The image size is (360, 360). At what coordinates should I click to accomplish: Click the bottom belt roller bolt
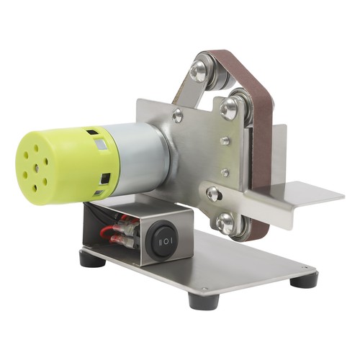pyautogui.click(x=225, y=222)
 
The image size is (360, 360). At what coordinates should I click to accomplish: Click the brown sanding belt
pyautogui.click(x=259, y=144)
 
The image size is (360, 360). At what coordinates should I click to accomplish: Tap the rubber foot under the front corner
pyautogui.click(x=204, y=300)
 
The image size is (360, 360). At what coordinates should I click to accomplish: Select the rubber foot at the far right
pyautogui.click(x=303, y=279)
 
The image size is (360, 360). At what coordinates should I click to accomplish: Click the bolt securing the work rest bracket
pyautogui.click(x=214, y=193)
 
